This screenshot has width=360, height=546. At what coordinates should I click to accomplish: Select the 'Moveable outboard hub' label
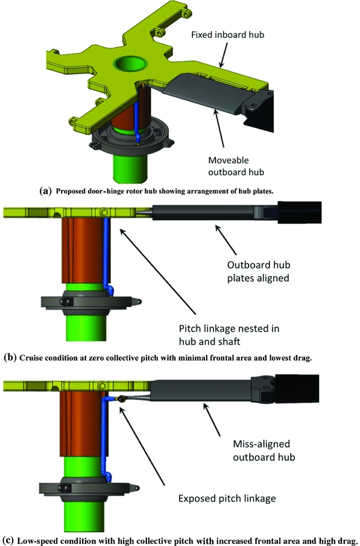[236, 166]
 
